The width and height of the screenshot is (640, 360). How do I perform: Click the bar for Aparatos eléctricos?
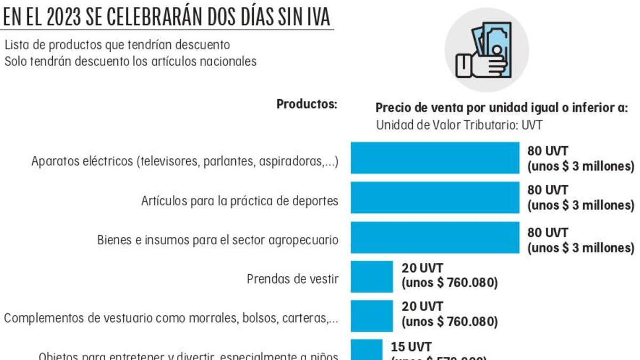coord(435,158)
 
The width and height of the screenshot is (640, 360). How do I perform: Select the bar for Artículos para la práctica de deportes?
coord(435,198)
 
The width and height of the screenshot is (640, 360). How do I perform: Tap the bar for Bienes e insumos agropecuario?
coord(435,237)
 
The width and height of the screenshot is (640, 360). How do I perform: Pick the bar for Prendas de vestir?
coord(371,277)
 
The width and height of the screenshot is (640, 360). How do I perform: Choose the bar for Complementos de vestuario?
coord(371,316)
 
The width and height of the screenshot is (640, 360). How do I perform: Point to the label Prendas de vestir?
coord(292,279)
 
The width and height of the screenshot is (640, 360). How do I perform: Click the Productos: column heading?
coord(307,105)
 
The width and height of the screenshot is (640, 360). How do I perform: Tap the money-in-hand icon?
coord(486,50)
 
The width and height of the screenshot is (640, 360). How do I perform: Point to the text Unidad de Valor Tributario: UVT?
coord(459,125)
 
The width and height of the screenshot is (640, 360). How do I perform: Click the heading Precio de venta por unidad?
coord(501,108)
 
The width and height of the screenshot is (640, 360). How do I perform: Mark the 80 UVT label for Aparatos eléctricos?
coord(548,151)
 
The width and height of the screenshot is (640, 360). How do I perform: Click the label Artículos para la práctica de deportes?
coord(239,201)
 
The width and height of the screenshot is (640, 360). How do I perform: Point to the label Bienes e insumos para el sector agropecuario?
coord(218,240)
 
